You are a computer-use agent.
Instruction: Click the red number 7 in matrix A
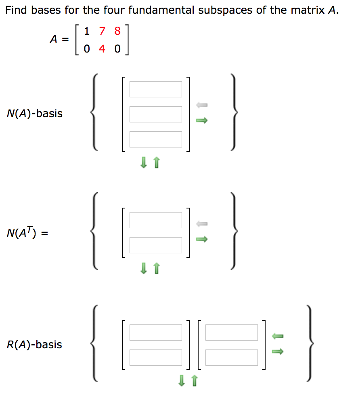(102, 31)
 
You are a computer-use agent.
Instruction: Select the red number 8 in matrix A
(117, 31)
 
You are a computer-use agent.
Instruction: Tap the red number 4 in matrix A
(102, 49)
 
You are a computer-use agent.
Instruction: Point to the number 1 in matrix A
(87, 31)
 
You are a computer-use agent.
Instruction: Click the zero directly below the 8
(117, 49)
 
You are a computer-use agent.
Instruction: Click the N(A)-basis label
(35, 114)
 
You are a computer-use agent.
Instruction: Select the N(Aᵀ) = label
(27, 233)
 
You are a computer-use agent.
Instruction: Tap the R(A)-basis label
(35, 345)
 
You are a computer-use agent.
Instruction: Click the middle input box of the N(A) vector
(155, 114)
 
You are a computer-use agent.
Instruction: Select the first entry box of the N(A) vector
(155, 89)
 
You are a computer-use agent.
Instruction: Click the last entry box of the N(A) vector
(155, 139)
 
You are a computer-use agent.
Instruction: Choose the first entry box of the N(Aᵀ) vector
(155, 220)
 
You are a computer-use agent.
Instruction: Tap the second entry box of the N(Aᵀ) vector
(155, 245)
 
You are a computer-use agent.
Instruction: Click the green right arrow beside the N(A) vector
(201, 120)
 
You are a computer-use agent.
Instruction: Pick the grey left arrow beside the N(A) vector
(201, 105)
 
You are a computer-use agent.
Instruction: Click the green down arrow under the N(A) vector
(143, 163)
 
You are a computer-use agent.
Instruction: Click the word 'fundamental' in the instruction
(161, 11)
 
